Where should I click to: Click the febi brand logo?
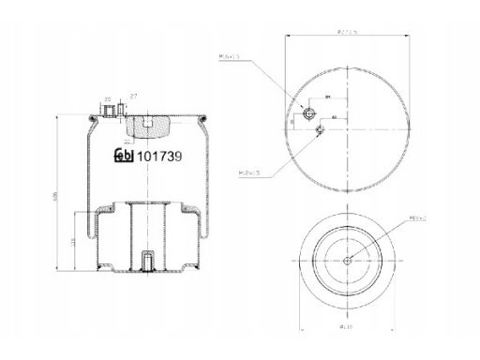[124, 157]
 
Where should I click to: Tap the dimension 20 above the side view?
[109, 97]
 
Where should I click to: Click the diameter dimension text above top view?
[346, 33]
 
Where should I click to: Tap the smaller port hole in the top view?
[321, 130]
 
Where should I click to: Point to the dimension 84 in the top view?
[328, 97]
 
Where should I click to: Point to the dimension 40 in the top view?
[334, 117]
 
